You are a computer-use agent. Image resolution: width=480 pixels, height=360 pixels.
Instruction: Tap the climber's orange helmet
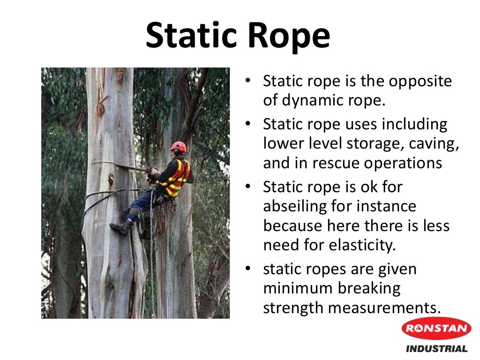click(179, 147)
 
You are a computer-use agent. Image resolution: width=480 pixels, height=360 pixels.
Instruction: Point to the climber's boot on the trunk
click(121, 228)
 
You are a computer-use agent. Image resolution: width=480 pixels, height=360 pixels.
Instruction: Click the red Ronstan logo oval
click(436, 328)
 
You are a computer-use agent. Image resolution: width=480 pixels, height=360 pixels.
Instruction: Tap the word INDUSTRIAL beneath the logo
click(436, 349)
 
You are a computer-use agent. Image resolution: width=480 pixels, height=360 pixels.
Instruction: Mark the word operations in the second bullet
click(406, 163)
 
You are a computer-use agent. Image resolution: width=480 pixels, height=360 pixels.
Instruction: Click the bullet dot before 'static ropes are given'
click(249, 270)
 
